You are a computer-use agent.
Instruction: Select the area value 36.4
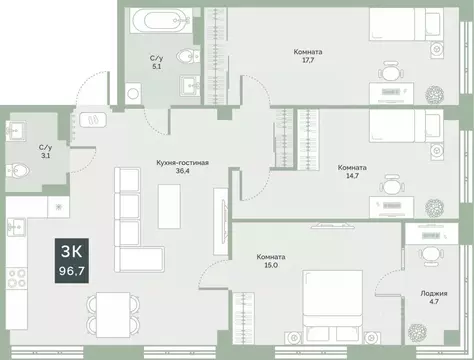(181, 170)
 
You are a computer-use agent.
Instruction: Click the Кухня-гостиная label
(181, 161)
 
